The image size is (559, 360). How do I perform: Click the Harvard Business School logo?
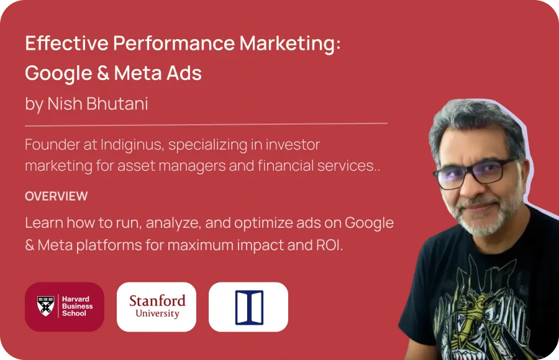click(65, 307)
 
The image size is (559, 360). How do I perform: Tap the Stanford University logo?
click(157, 307)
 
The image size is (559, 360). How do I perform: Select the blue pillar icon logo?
click(248, 307)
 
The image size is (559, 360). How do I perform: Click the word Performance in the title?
click(174, 43)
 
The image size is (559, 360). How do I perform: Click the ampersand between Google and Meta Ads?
click(103, 73)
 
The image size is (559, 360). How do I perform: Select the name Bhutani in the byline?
click(117, 104)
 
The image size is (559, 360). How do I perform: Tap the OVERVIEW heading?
click(57, 196)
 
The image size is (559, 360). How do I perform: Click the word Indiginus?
click(132, 145)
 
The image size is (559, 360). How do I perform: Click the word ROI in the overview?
click(328, 245)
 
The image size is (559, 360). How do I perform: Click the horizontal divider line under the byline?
click(206, 125)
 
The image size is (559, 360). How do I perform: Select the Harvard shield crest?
click(46, 305)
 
